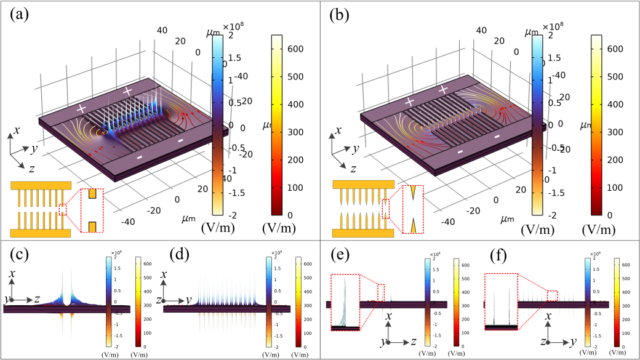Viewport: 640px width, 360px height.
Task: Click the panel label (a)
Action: click(x=22, y=14)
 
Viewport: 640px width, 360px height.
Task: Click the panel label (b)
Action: click(x=343, y=14)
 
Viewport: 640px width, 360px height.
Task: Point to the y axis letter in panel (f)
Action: click(x=574, y=340)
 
